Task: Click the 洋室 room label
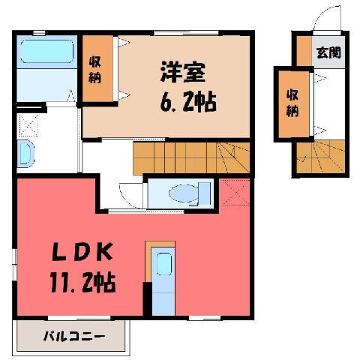(182, 72)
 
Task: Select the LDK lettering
(82, 251)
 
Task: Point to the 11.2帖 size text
(82, 281)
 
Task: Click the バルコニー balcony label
(74, 337)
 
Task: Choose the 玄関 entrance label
(328, 52)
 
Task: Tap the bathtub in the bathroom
(47, 52)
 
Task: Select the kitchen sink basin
(164, 263)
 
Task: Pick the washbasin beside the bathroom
(25, 153)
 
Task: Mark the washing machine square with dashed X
(28, 125)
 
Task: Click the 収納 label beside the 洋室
(94, 70)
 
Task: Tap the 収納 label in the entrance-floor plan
(292, 103)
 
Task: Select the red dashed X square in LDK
(235, 193)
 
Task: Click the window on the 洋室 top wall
(186, 33)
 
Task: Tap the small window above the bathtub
(39, 33)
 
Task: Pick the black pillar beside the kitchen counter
(147, 298)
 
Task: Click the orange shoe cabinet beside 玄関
(304, 51)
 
